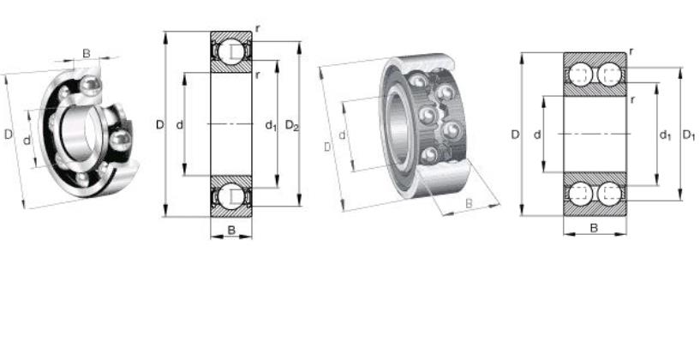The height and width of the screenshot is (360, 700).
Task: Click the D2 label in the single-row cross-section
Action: coord(292,125)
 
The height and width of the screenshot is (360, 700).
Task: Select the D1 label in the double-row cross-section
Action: coord(688,135)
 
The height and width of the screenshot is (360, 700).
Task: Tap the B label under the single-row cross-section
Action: coord(231,230)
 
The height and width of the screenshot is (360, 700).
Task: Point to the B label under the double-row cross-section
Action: coord(595,228)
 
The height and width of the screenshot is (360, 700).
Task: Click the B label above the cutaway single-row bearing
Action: coord(87,54)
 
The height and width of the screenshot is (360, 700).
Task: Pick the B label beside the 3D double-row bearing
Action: coord(469,203)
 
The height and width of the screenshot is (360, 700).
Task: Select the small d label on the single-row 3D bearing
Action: coord(27,141)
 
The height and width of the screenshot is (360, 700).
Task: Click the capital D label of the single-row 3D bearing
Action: coord(8,134)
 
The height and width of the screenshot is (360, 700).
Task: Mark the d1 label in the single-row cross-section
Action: coord(271,125)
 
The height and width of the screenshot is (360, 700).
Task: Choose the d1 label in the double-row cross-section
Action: coord(665,135)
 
